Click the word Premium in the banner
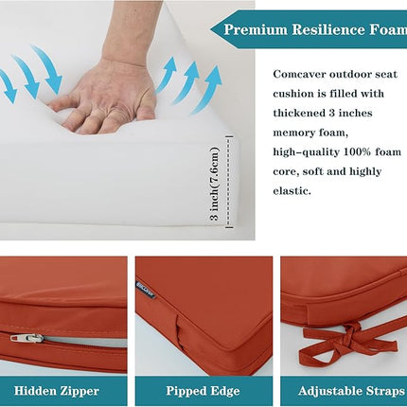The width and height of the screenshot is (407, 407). (x=256, y=30)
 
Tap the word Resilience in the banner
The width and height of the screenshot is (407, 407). (x=327, y=30)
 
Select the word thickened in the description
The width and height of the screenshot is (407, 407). (x=298, y=113)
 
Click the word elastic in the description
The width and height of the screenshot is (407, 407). (x=292, y=191)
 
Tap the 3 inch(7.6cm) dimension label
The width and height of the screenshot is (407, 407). (x=214, y=184)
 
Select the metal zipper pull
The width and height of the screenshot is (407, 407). (x=27, y=338)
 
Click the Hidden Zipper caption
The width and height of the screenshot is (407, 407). (x=57, y=391)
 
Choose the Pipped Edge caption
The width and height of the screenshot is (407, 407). (x=203, y=391)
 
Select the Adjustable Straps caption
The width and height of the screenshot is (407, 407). (x=351, y=391)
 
